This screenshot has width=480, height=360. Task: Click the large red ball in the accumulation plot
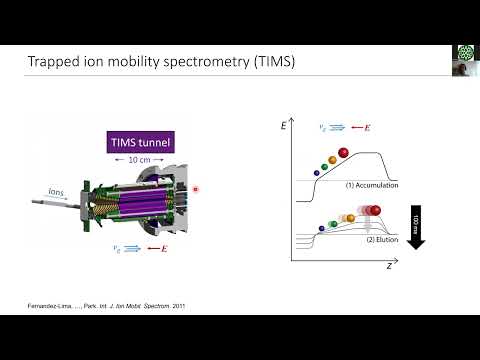click(344, 152)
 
